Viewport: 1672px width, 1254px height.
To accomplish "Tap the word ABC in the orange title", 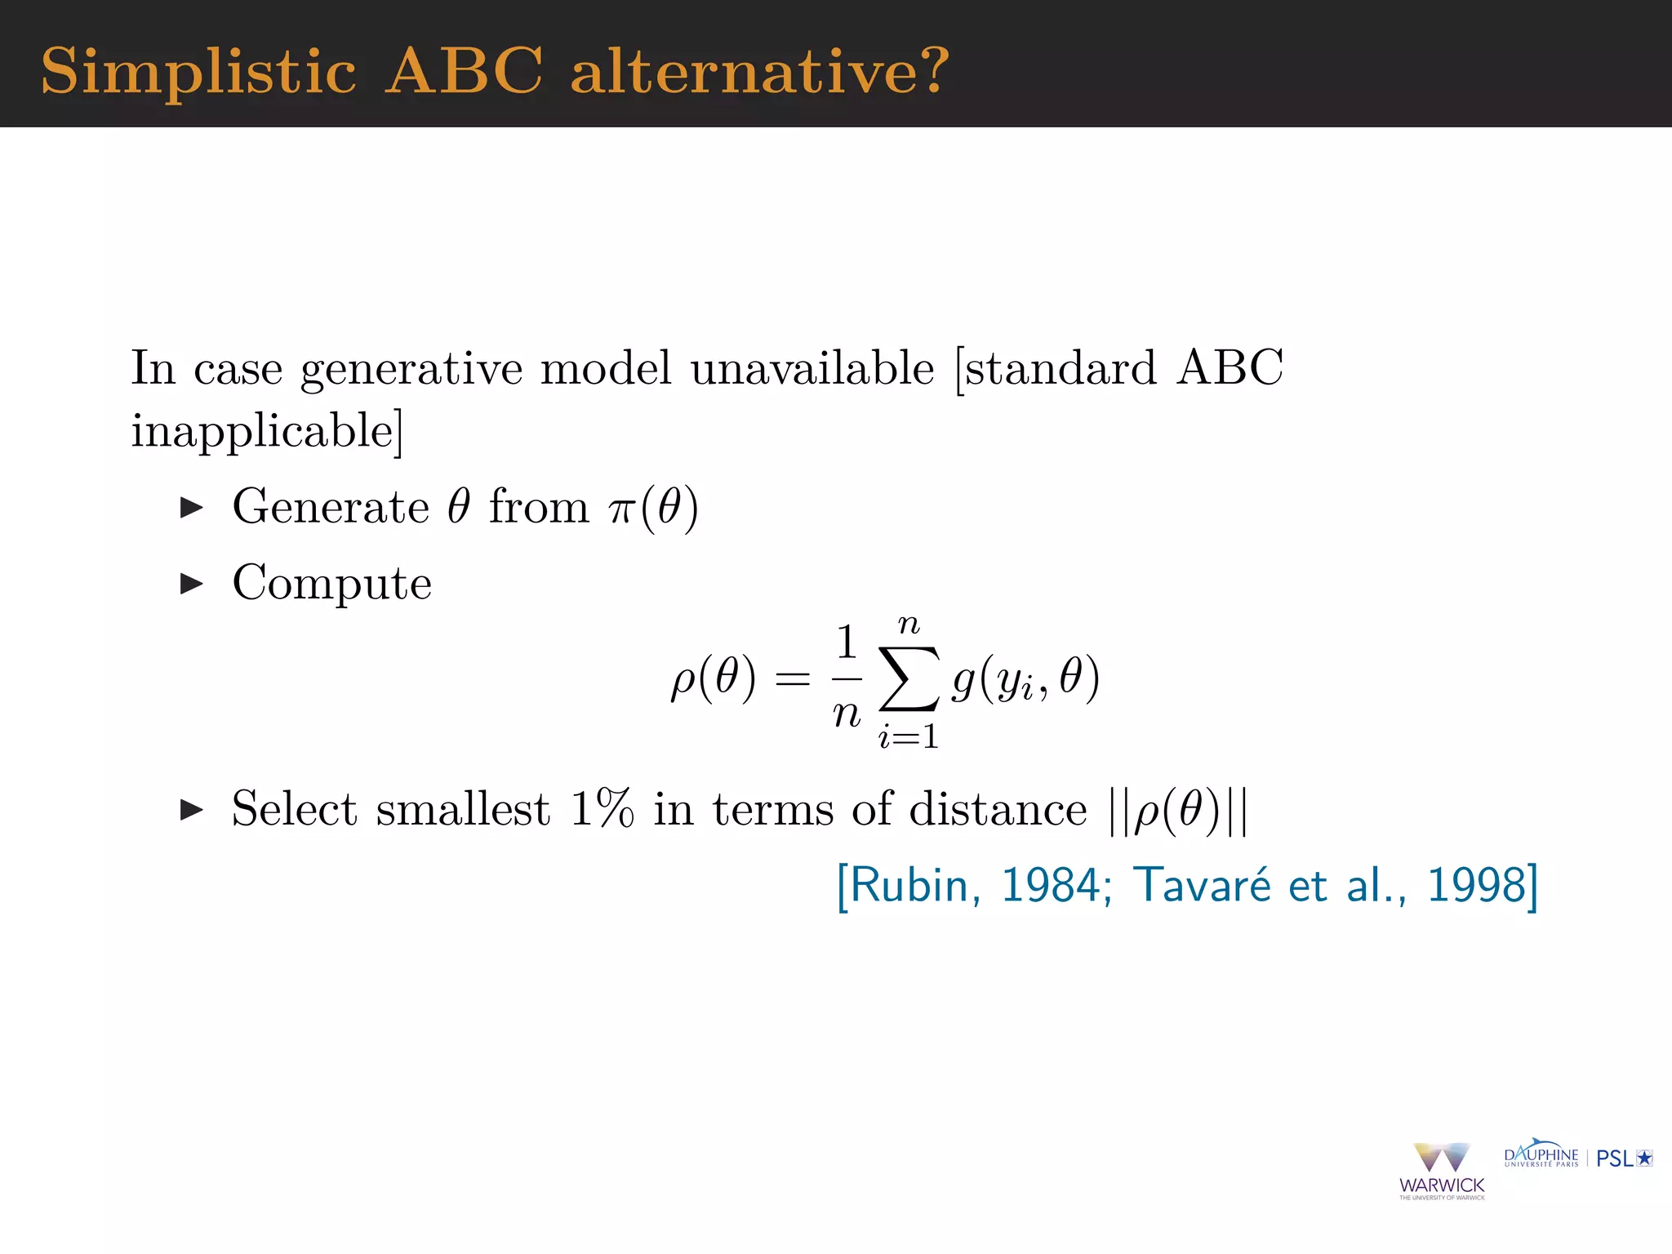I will [464, 72].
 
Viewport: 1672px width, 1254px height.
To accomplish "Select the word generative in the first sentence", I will [411, 369].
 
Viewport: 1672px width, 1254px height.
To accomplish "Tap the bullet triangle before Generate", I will [191, 508].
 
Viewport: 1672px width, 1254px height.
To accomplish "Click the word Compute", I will [331, 583].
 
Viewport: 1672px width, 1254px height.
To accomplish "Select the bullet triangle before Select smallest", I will [191, 810].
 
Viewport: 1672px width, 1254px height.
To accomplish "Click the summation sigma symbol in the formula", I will [909, 679].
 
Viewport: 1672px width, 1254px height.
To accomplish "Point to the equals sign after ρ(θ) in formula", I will [792, 679].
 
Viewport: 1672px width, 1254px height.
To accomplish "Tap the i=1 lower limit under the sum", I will [908, 738].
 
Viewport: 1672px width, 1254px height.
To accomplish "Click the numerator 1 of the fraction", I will [847, 643].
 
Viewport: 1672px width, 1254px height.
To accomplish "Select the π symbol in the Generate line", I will [622, 509].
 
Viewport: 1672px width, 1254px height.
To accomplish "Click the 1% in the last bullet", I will [602, 810].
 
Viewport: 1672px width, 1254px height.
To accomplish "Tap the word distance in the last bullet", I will [998, 810].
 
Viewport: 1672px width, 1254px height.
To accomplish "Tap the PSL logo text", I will [1615, 1158].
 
